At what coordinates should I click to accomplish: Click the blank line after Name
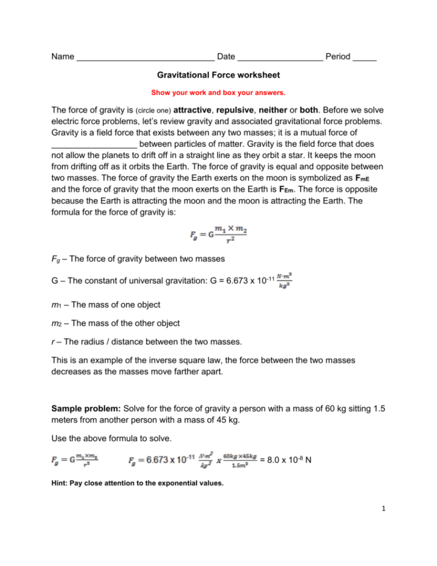(x=145, y=57)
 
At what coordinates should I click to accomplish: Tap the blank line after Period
(x=365, y=57)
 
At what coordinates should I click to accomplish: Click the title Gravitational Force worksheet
(x=218, y=75)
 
